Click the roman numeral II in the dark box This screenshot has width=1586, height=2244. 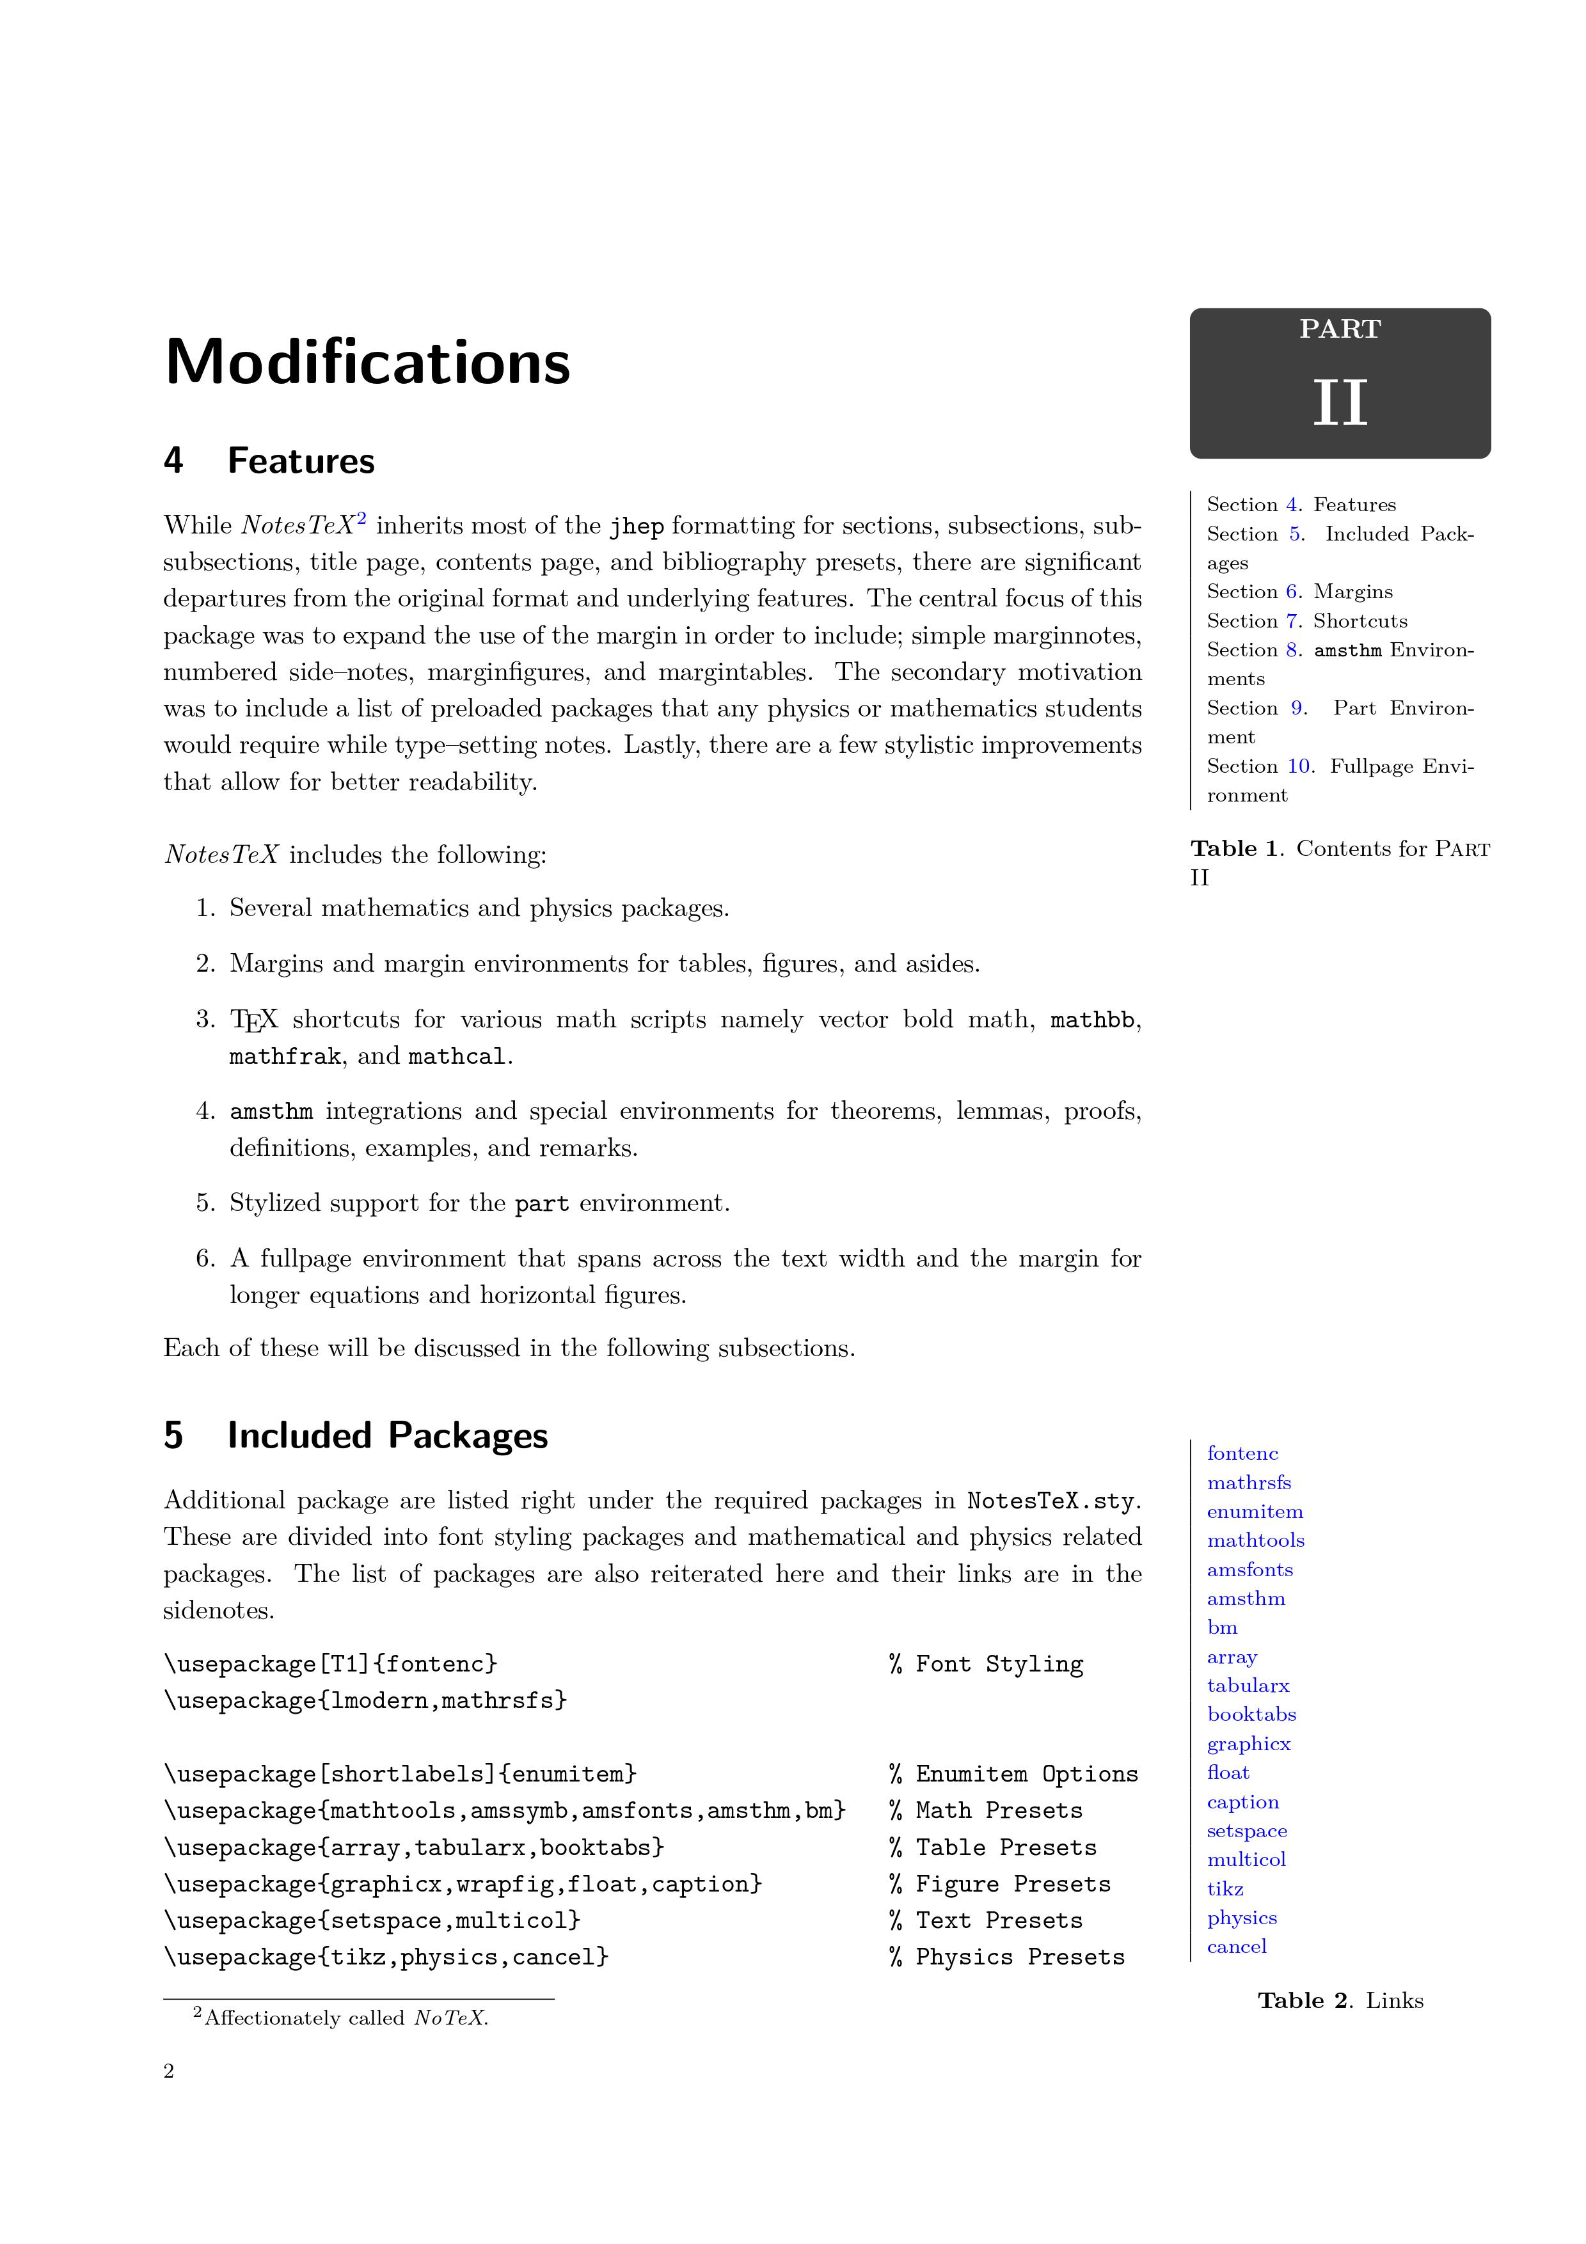click(1339, 402)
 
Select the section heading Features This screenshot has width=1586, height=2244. click(301, 461)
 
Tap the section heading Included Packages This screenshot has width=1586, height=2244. click(387, 1435)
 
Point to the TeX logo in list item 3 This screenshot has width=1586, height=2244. click(254, 1020)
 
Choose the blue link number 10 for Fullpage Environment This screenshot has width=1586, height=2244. click(1299, 766)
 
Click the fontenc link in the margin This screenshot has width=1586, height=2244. click(1242, 1453)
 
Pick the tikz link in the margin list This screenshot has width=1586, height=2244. click(1225, 1889)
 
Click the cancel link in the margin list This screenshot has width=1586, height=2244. click(1236, 1947)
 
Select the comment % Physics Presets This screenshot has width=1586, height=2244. click(1006, 1957)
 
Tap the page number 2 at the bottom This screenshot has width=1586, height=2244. click(169, 2071)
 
